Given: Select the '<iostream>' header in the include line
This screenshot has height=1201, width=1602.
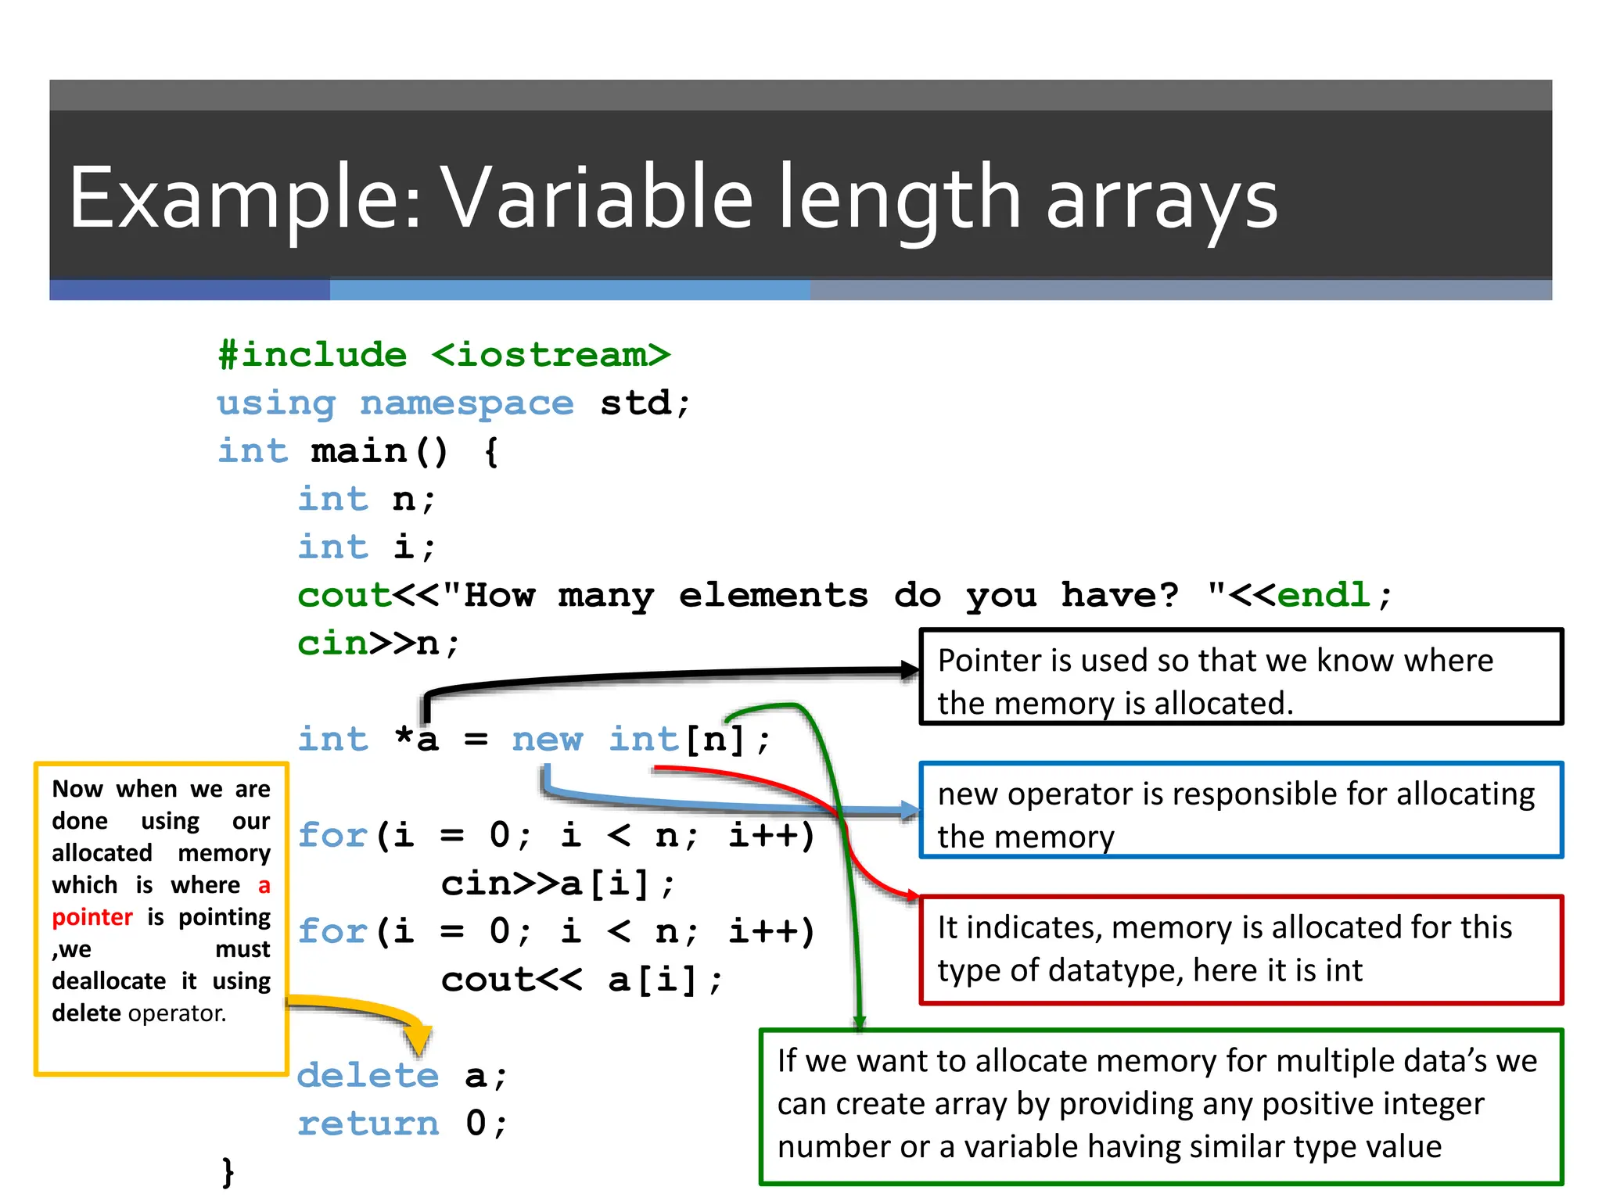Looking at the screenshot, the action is [x=551, y=355].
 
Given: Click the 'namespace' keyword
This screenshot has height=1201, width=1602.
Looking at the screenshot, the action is [x=467, y=403].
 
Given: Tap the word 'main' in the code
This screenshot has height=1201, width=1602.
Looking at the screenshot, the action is [x=359, y=451].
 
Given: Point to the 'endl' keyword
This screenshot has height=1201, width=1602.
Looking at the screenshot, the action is [x=1324, y=595].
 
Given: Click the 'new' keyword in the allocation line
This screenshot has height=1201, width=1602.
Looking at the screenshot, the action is [x=548, y=739].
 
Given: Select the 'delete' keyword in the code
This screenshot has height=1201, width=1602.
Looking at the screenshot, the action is [x=368, y=1075].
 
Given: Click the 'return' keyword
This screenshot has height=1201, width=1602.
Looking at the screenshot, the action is [x=368, y=1124].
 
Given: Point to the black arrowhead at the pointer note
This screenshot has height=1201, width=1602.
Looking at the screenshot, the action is [x=909, y=669].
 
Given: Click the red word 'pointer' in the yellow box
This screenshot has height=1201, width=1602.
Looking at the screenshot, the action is [x=92, y=916].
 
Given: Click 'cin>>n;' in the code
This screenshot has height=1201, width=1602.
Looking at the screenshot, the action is [x=379, y=644].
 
